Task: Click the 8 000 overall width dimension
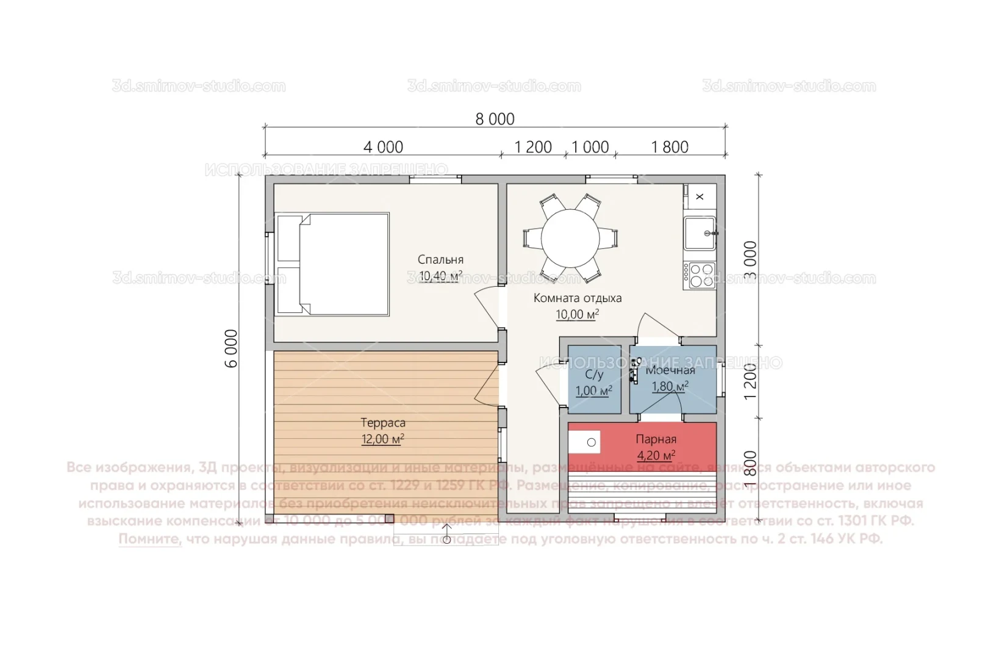click(x=495, y=119)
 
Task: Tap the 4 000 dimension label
click(x=383, y=147)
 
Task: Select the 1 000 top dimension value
click(x=590, y=147)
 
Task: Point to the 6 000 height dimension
click(x=232, y=348)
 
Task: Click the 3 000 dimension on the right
click(x=751, y=260)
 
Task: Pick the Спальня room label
click(x=440, y=260)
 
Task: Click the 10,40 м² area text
click(x=440, y=276)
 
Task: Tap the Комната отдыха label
click(x=577, y=298)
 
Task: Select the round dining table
click(x=570, y=238)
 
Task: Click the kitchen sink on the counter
click(x=699, y=233)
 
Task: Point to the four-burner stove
click(x=699, y=275)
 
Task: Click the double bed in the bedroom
click(x=332, y=264)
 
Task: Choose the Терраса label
click(x=382, y=423)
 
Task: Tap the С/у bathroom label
click(x=593, y=375)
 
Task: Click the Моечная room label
click(x=670, y=370)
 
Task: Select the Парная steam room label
click(x=656, y=439)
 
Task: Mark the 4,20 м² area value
click(x=656, y=456)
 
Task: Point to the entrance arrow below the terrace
click(x=446, y=535)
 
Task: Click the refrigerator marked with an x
click(x=700, y=196)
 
